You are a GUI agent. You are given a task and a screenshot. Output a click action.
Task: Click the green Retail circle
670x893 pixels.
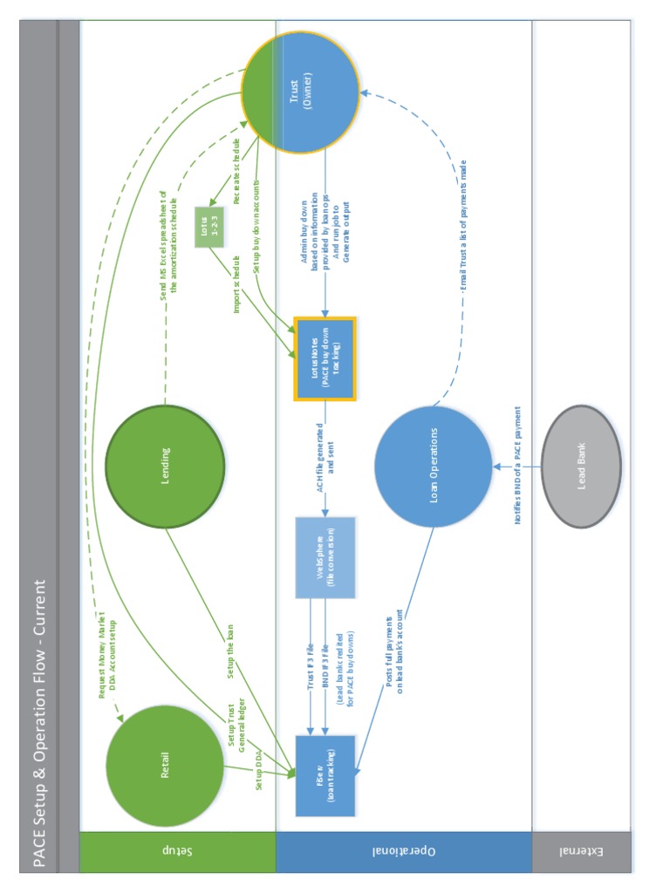pos(165,765)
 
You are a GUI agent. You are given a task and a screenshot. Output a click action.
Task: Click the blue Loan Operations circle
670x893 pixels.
pos(434,466)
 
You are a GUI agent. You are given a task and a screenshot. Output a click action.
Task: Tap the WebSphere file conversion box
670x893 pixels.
pos(325,557)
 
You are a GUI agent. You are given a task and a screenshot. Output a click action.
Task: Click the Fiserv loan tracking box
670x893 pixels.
pos(325,775)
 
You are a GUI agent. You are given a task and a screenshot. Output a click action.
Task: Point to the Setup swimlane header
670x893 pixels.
pos(177,851)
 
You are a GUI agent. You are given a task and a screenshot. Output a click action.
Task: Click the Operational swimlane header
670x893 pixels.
pos(403,851)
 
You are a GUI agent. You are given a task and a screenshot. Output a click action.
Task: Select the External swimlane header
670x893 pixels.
pos(581,851)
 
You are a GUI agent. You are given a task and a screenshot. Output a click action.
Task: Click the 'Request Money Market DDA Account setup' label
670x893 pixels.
pos(106,654)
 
